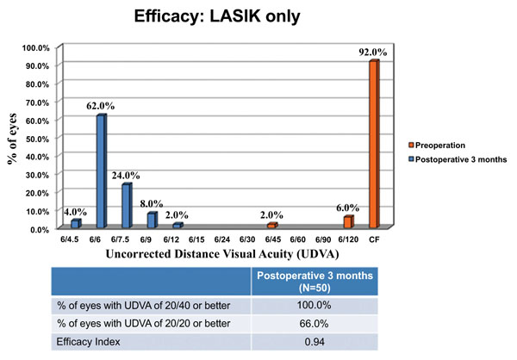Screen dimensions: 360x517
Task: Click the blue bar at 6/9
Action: click(x=152, y=220)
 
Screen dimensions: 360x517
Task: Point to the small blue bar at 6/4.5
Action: click(x=76, y=224)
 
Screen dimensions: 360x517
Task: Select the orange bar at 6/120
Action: click(x=349, y=221)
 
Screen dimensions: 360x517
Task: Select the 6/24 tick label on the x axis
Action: click(x=222, y=239)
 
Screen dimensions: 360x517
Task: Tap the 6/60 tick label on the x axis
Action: click(x=298, y=239)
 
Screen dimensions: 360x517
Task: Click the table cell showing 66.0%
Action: click(x=315, y=322)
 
